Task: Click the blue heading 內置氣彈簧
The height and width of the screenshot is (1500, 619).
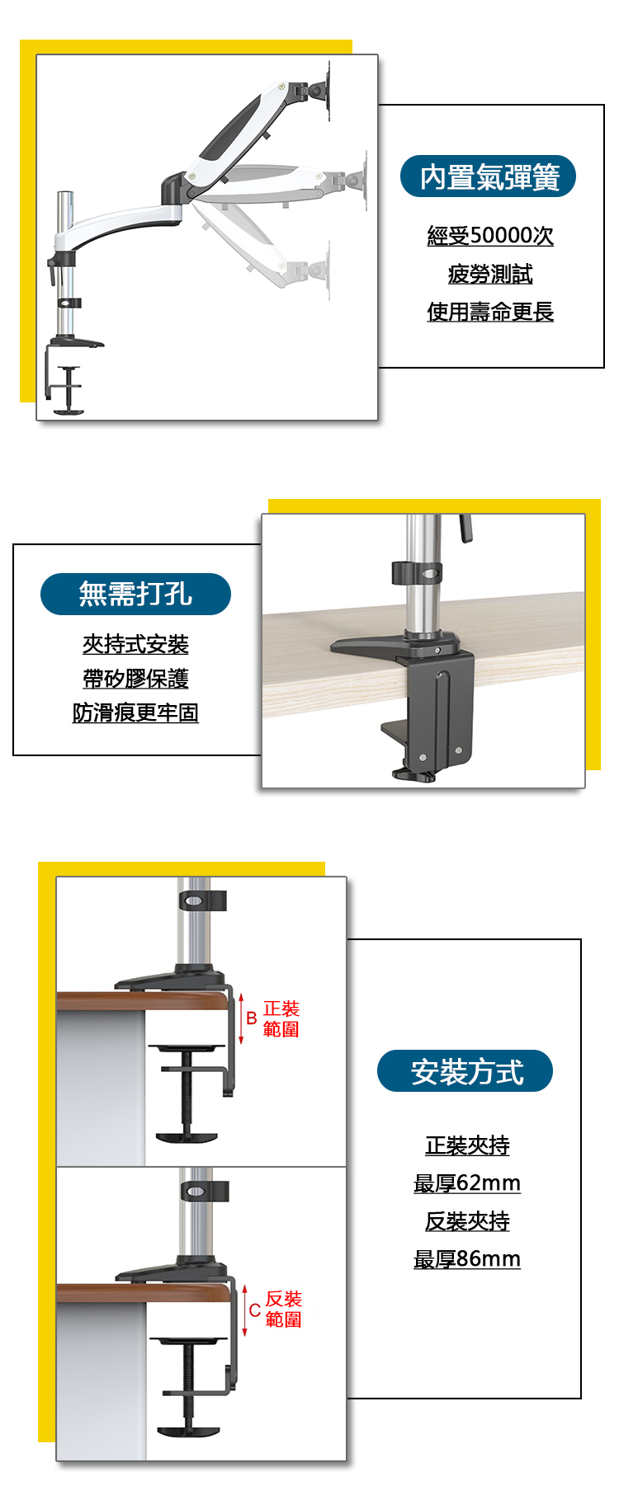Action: tap(488, 176)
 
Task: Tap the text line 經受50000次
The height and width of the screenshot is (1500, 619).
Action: tap(490, 236)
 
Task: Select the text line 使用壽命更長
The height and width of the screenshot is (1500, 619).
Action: tap(490, 312)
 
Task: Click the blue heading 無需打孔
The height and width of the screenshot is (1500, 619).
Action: tap(135, 594)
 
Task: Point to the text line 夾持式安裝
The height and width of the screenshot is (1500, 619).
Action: tap(135, 644)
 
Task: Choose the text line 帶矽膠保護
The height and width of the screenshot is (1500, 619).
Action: tap(135, 679)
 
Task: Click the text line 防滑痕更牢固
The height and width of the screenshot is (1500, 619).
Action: tap(135, 712)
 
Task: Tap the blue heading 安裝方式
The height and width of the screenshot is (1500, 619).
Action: tap(465, 1071)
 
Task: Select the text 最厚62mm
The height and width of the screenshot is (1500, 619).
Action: tap(467, 1183)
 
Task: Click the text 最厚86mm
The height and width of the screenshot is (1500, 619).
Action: tap(467, 1259)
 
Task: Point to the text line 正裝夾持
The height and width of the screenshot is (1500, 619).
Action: tap(467, 1145)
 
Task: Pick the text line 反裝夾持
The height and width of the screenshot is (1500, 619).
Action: tap(467, 1221)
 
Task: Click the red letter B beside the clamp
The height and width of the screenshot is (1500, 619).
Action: tap(252, 1018)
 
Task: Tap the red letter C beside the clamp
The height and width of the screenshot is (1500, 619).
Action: tap(254, 1310)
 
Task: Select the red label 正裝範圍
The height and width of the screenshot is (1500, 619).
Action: tap(281, 1019)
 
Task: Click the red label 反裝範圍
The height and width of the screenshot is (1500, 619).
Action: tap(284, 1310)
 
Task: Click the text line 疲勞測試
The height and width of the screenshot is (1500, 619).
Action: tap(490, 274)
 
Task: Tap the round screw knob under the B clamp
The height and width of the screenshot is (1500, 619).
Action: tap(187, 1138)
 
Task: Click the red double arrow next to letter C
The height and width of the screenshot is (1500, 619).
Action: tap(244, 1310)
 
